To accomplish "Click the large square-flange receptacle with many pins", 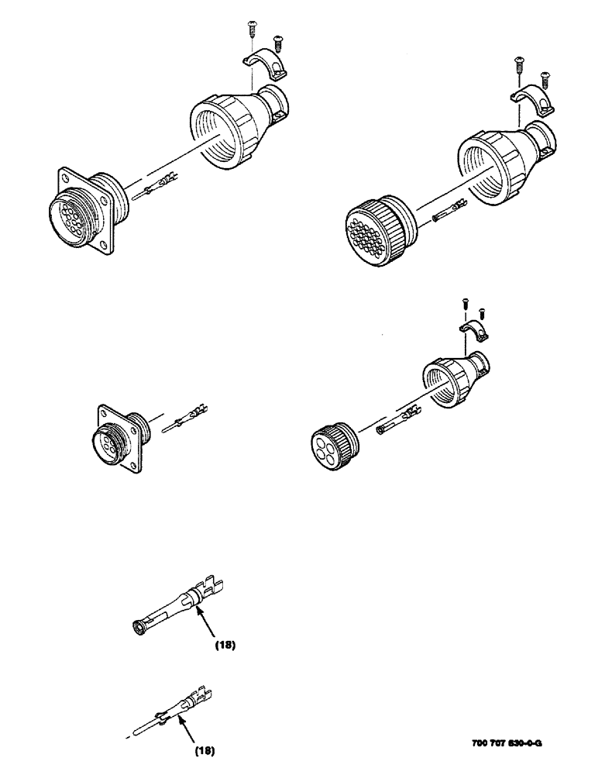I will point(83,208).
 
